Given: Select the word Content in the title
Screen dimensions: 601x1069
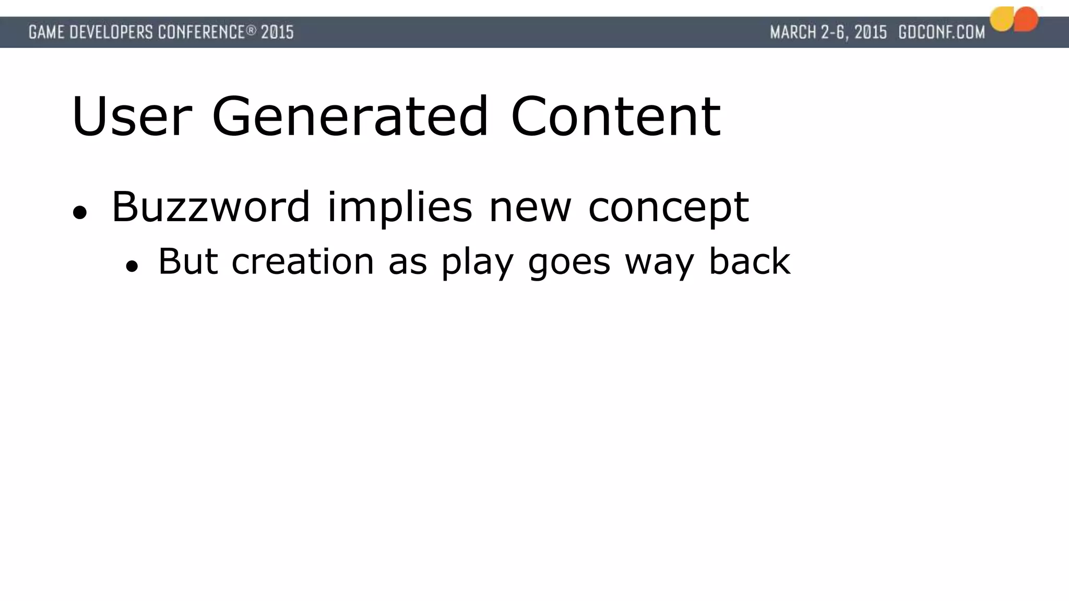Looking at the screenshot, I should tap(616, 117).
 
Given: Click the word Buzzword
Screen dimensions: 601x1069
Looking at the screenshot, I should tap(211, 207).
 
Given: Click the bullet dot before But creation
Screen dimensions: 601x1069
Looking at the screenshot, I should tap(132, 266).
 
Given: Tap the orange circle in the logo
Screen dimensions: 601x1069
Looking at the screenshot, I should tap(1026, 19).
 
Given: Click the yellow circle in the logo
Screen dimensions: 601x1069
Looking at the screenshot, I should tap(1001, 20).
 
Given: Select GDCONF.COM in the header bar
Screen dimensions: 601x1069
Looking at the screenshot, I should tap(942, 32).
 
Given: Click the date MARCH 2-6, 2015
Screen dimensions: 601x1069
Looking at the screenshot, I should tap(828, 32).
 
